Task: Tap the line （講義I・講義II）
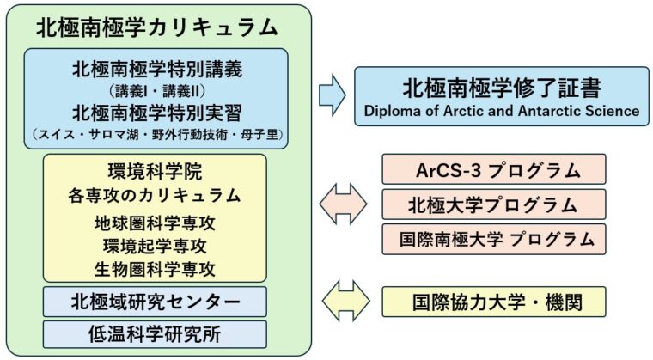click(156, 90)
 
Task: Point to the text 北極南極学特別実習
click(156, 112)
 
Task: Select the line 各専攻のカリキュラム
click(155, 195)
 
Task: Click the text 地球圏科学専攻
click(155, 223)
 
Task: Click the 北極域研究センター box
click(155, 302)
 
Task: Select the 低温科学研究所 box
click(155, 333)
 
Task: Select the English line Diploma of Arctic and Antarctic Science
click(501, 111)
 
